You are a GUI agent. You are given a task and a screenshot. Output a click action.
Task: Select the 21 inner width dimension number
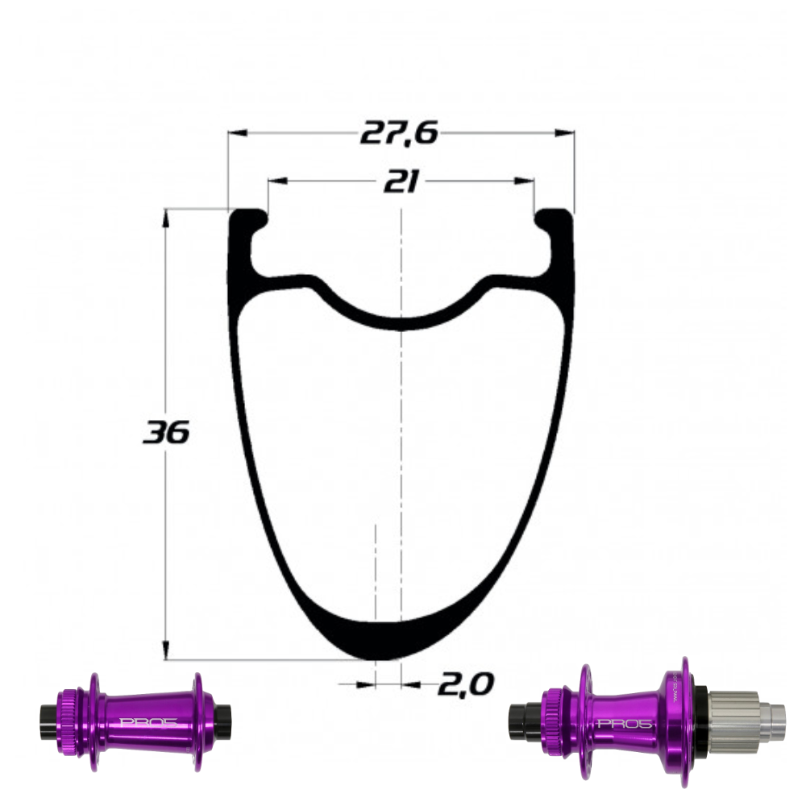(x=400, y=183)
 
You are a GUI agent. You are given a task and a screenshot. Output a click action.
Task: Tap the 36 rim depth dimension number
(x=166, y=434)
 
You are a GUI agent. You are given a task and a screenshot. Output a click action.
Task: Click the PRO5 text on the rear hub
(x=619, y=723)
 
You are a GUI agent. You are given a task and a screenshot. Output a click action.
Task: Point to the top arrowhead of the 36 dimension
(x=166, y=214)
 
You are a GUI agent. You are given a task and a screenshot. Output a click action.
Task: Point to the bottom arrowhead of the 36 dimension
(x=166, y=654)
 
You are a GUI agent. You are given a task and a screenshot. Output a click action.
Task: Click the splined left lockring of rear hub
(x=550, y=713)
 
